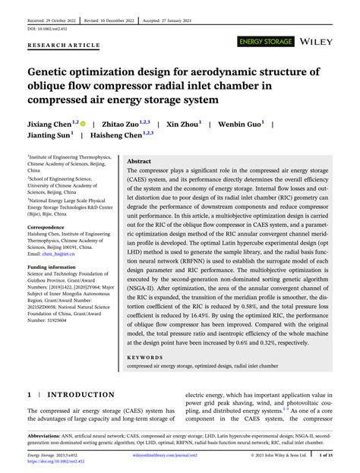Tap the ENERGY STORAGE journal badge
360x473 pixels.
(265, 41)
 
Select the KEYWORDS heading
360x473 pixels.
(146, 356)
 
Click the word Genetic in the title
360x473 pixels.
(55, 73)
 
